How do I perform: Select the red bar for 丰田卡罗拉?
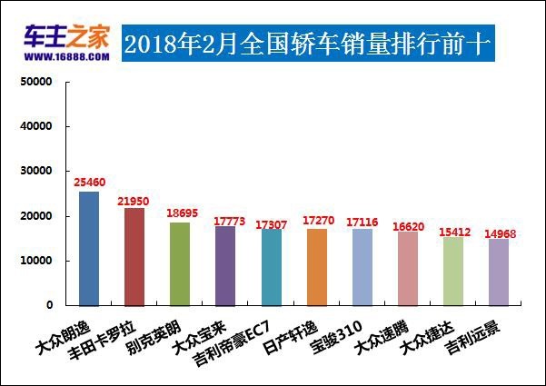click(x=134, y=256)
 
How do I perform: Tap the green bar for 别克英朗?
click(x=180, y=263)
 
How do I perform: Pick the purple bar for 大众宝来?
click(x=225, y=265)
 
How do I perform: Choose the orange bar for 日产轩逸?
click(x=317, y=266)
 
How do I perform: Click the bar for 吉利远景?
click(x=499, y=272)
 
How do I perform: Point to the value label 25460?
click(x=90, y=183)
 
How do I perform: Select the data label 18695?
click(x=181, y=213)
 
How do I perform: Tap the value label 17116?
click(x=362, y=221)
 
